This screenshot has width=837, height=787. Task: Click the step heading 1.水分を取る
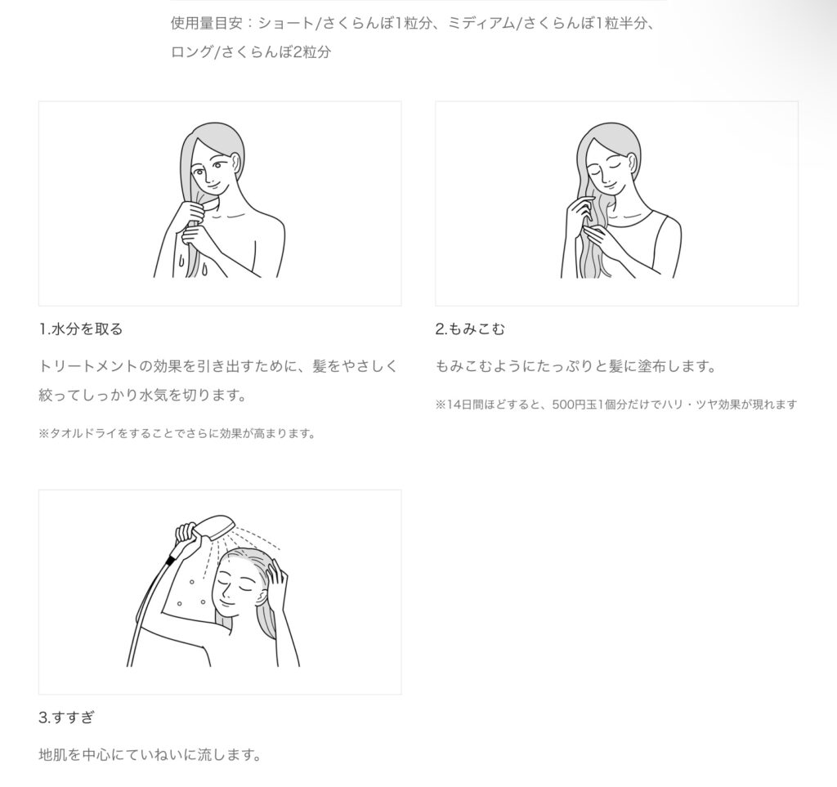coord(81,329)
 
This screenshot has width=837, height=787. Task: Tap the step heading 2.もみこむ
coord(470,329)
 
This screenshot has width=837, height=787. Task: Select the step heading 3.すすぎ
coord(66,718)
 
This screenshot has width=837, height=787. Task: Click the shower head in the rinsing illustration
coord(213,525)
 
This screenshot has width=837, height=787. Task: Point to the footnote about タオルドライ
coord(177,434)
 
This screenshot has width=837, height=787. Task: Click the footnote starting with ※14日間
coord(616,405)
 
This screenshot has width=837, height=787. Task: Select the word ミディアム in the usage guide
coord(481,24)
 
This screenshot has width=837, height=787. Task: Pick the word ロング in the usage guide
coord(191,52)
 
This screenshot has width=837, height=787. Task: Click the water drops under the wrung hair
coord(193,265)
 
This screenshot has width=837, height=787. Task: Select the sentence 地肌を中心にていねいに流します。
coord(150,755)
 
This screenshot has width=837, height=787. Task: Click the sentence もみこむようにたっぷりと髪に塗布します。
coord(575,367)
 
